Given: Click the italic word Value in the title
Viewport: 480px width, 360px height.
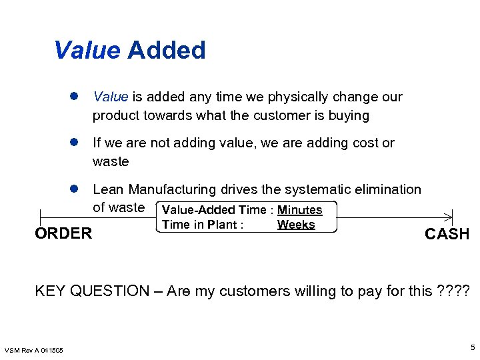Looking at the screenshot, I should (87, 51).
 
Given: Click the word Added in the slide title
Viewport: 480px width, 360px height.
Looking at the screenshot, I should (166, 51).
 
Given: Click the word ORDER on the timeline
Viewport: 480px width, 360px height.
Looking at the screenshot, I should (63, 233).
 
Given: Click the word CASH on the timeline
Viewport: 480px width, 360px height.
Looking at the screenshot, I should (447, 234).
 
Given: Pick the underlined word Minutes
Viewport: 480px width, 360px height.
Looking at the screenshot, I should (299, 210).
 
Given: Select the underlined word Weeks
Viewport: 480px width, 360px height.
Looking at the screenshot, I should (296, 225).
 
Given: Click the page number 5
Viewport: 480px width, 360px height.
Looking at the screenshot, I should (472, 347).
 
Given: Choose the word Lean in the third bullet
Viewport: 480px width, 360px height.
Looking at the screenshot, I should (108, 190).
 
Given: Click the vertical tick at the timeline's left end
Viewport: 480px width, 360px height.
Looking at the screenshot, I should (41, 216).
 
